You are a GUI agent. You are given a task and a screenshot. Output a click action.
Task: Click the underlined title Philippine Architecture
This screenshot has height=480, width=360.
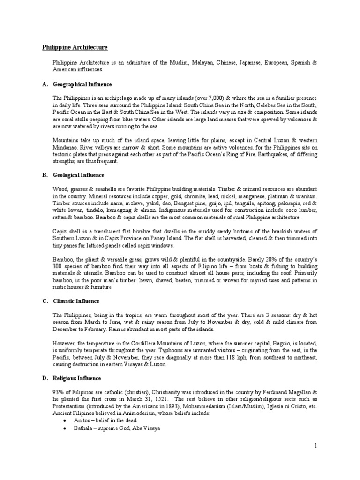pyautogui.click(x=75, y=47)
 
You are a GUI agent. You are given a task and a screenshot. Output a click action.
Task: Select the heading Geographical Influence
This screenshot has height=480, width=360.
pyautogui.click(x=82, y=84)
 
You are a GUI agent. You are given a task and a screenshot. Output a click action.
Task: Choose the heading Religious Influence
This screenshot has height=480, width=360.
pyautogui.click(x=77, y=378)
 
